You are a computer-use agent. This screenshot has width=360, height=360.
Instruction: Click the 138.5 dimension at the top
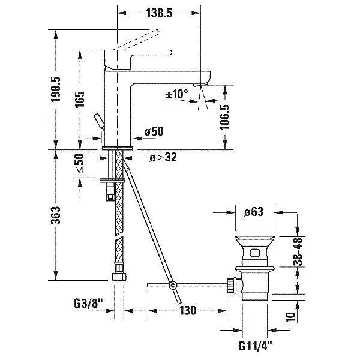(158, 12)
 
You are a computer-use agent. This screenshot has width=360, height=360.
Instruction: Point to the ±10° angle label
(177, 94)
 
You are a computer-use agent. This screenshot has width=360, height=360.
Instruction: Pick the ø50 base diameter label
(154, 131)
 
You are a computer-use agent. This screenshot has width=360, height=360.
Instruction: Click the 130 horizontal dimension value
(188, 311)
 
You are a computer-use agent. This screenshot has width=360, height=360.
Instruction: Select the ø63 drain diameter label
(255, 211)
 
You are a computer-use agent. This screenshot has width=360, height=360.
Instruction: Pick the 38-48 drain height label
(297, 253)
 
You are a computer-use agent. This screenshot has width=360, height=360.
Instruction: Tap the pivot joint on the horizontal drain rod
(173, 286)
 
